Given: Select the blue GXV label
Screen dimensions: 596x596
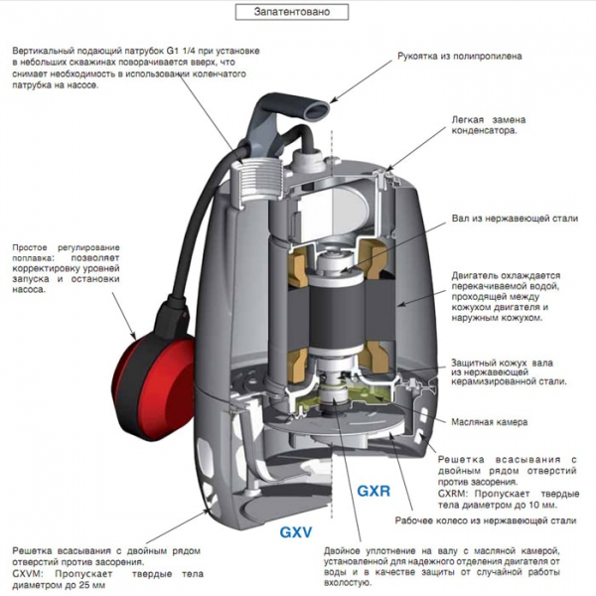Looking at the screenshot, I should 297,533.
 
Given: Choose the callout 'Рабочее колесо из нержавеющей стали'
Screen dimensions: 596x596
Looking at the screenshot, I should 497,520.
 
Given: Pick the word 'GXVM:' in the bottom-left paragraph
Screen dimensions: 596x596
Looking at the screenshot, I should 29,574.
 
